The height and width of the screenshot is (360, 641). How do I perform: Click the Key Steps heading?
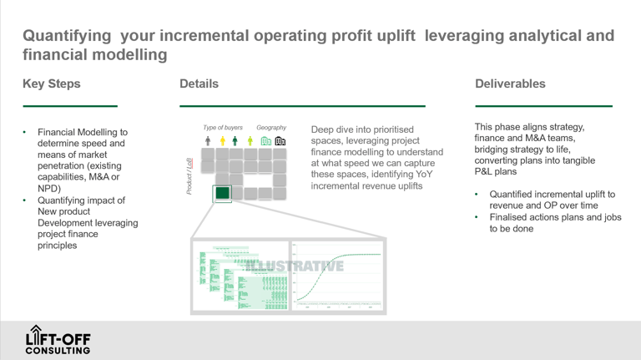click(x=51, y=84)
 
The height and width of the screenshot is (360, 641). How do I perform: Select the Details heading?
click(x=199, y=84)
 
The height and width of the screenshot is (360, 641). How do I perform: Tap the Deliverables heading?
click(x=510, y=84)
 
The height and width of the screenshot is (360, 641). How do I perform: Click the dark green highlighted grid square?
click(x=222, y=193)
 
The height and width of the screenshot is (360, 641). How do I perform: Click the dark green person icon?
click(x=235, y=141)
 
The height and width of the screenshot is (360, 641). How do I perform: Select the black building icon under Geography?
click(x=280, y=141)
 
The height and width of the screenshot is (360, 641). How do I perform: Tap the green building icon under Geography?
click(x=265, y=141)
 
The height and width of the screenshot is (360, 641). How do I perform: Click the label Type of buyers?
click(x=223, y=128)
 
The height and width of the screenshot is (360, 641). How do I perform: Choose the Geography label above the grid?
click(x=271, y=128)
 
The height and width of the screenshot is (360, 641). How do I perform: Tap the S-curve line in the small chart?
click(x=334, y=267)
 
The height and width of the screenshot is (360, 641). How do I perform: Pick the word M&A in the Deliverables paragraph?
click(x=543, y=138)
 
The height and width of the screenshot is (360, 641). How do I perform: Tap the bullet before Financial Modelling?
click(x=25, y=132)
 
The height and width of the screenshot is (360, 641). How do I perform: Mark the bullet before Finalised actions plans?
click(x=477, y=216)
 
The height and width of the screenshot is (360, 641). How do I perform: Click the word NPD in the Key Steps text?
click(x=49, y=189)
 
